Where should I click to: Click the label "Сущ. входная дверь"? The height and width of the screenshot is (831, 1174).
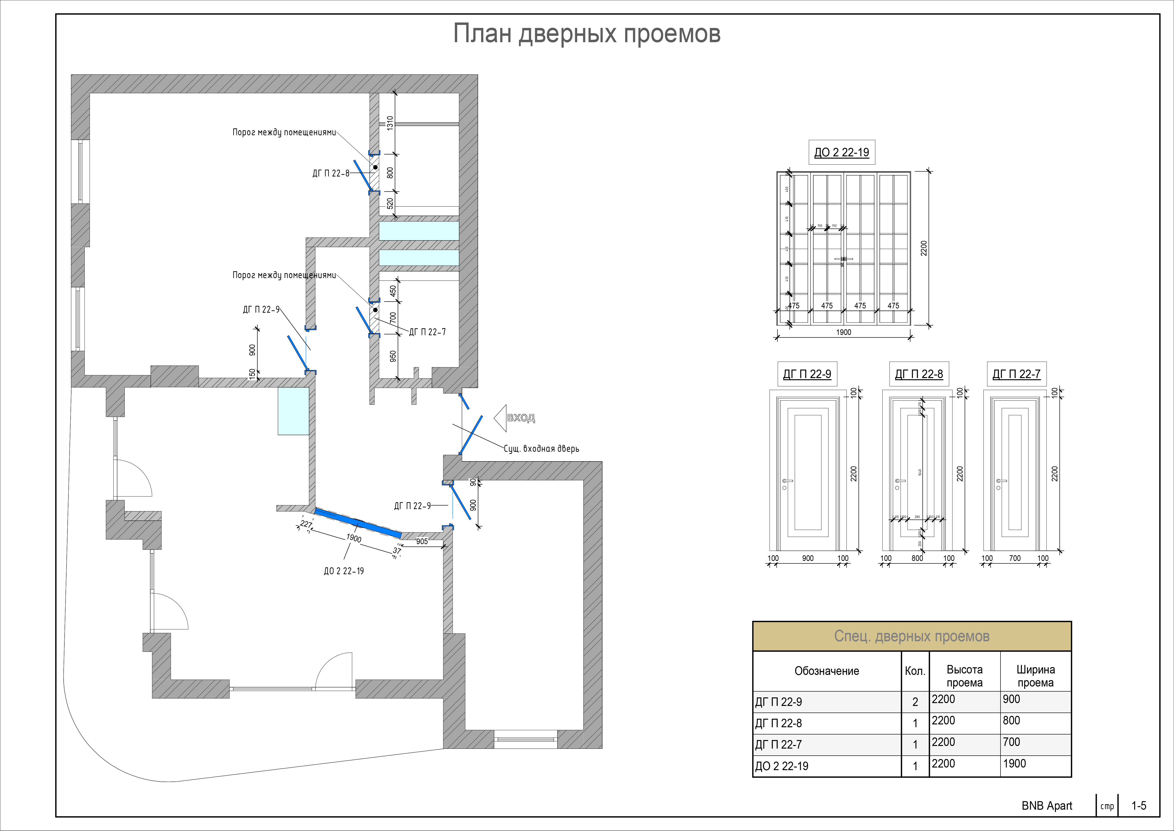pos(541,449)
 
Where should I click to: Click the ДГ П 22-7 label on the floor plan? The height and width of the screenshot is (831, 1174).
pos(427,332)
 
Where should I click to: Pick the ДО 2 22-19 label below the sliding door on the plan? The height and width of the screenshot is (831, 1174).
pos(344,571)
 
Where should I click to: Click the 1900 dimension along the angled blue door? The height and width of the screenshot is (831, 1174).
pos(354,538)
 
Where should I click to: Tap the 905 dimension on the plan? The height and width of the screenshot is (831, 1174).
pos(422,541)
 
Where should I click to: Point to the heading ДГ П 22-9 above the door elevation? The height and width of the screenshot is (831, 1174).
pos(807,374)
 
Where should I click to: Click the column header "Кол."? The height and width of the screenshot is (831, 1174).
pos(915,671)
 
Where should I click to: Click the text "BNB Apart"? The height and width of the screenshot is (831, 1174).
pos(1047,806)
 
